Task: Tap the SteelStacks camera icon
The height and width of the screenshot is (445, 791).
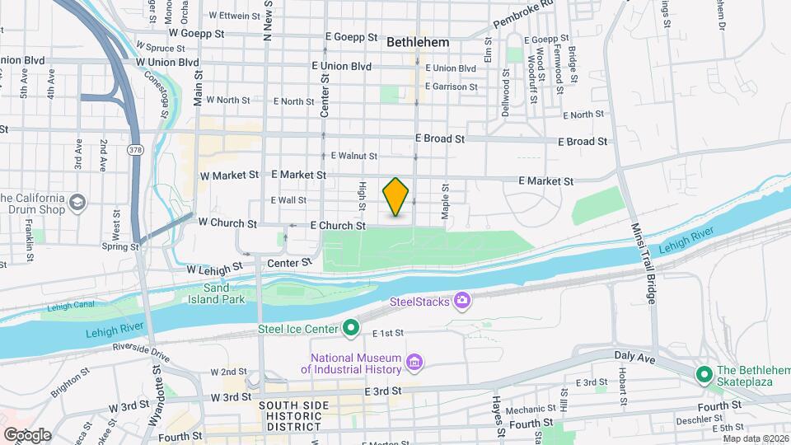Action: coord(464,302)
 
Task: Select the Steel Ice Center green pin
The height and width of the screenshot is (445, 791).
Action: coord(351,329)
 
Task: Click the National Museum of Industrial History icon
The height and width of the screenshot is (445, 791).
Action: coord(414,363)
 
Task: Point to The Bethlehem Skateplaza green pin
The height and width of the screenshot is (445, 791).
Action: coord(704,374)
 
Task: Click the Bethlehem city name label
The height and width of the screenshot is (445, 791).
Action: coord(418,40)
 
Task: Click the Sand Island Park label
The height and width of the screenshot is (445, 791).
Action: coord(225,294)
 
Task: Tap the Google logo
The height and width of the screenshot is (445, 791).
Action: coord(27,434)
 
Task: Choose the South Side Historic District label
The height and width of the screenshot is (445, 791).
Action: coord(293,416)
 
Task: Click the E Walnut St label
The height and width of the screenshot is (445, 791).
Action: coord(353,156)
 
